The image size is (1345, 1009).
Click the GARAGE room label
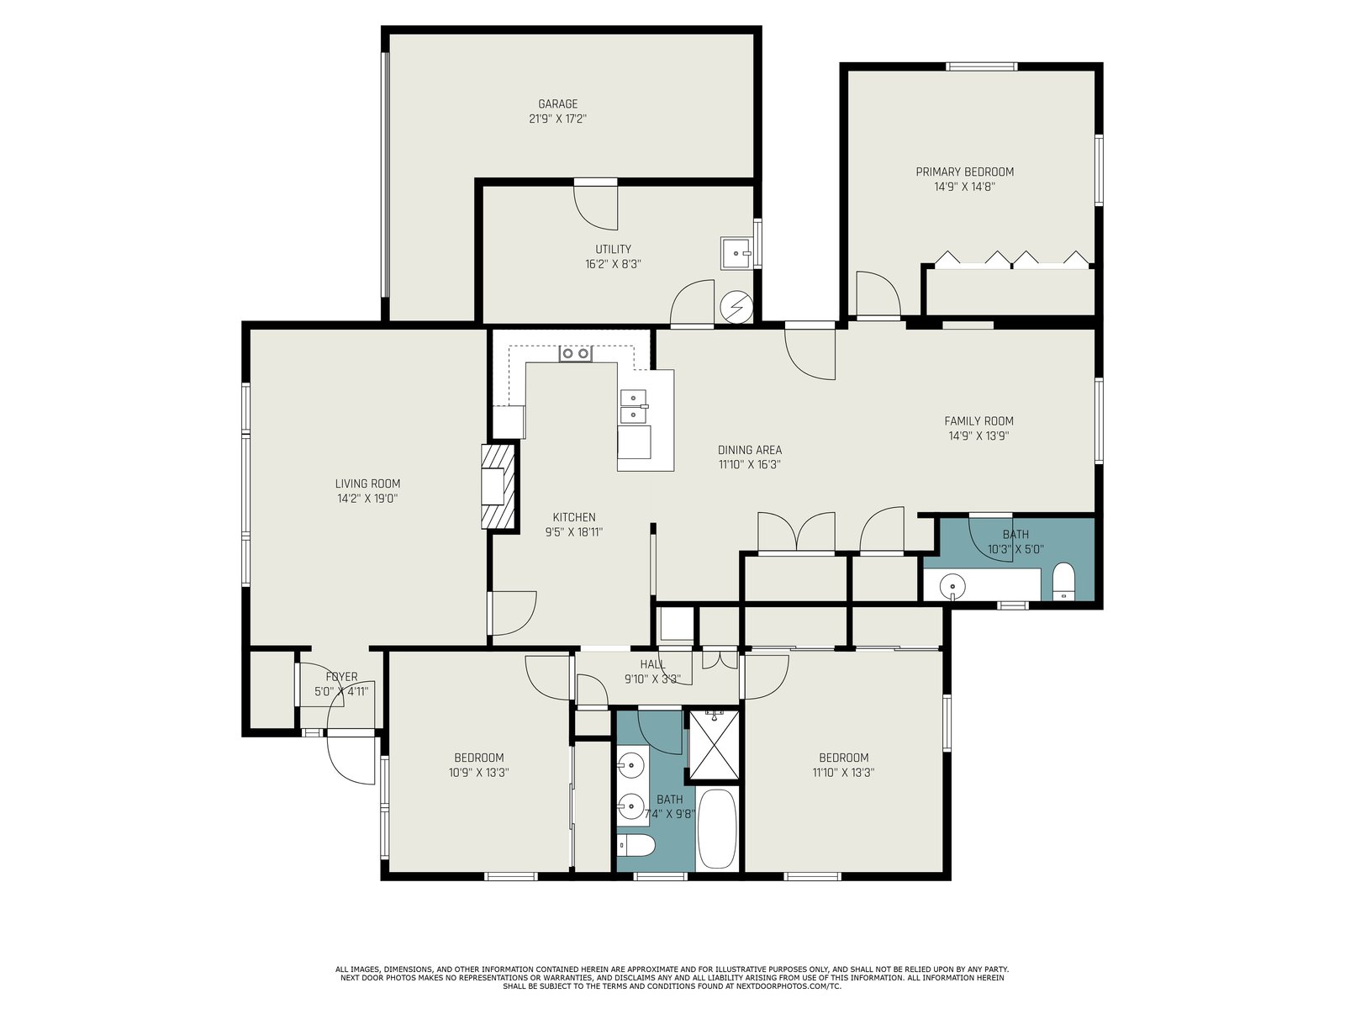(x=557, y=104)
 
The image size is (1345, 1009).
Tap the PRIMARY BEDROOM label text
(x=964, y=172)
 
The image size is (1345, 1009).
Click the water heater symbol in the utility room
(x=736, y=306)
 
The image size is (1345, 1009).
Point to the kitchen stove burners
(x=575, y=353)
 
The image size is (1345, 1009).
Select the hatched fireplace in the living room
(x=498, y=486)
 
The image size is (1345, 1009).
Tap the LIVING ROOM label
(x=367, y=483)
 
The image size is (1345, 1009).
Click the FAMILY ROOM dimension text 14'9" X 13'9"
(x=978, y=436)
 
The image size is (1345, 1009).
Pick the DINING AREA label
(x=749, y=451)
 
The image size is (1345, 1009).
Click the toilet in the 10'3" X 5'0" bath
(x=1063, y=581)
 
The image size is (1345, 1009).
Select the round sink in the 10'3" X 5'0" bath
(x=952, y=586)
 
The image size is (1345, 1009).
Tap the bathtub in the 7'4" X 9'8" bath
(x=718, y=828)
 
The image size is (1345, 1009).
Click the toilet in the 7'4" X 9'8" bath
(x=636, y=846)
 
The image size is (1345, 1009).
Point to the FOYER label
(x=341, y=677)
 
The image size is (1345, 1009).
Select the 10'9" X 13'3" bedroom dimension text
(x=478, y=773)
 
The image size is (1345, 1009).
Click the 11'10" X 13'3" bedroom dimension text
(x=843, y=773)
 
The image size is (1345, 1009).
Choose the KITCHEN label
(x=574, y=518)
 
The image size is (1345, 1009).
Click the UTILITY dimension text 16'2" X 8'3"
(x=613, y=265)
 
